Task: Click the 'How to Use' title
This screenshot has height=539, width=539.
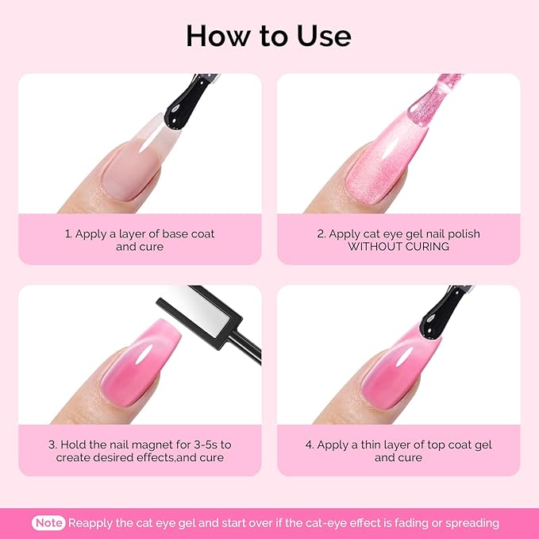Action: point(268,36)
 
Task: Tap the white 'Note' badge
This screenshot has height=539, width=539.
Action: point(49,523)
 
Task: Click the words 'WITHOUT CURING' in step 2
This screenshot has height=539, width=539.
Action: point(398,247)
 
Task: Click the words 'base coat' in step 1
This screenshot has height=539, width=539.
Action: point(187,234)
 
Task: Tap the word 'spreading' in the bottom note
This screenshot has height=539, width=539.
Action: point(472,523)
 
